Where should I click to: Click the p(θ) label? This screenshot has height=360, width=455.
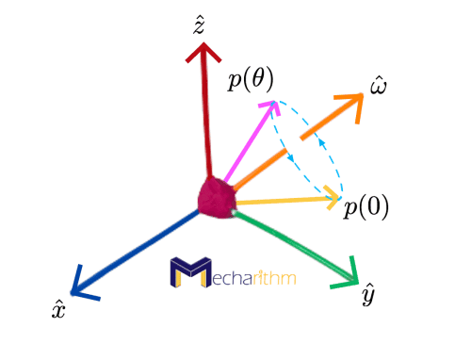click(250, 79)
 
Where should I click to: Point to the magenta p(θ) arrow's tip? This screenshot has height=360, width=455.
click(269, 105)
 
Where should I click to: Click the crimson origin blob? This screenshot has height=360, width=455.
click(216, 196)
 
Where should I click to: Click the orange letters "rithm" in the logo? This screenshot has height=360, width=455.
click(274, 278)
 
